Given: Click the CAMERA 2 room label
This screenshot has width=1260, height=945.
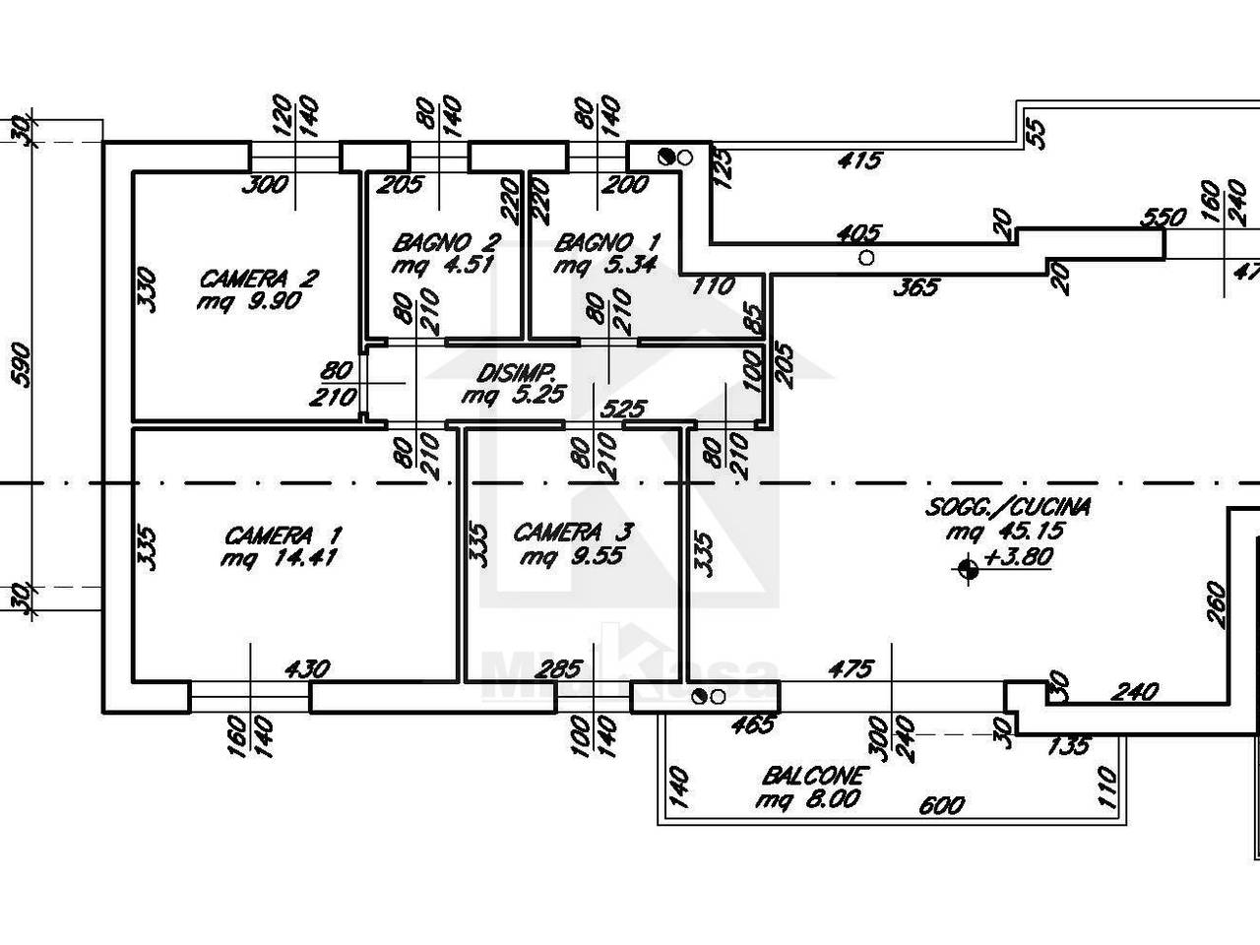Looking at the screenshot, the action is point(259,280).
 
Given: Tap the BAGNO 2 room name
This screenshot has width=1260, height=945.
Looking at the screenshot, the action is point(447,242).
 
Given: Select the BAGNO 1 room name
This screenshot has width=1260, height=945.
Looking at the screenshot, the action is point(607,242).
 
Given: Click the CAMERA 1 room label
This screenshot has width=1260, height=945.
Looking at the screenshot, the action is point(283,535).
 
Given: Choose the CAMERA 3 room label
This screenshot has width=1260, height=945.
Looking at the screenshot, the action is point(573,533).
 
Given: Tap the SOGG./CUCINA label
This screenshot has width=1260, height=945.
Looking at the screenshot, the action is point(1008,508).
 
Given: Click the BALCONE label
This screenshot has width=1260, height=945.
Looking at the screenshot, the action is point(812,777).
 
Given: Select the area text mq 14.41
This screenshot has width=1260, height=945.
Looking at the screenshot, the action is point(279,558).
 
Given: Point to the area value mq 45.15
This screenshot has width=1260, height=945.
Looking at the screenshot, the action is point(1005,532).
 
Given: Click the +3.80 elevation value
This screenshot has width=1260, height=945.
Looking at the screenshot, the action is point(1017,556).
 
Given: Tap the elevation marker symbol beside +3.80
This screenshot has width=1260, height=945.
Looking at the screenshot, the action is point(968,570).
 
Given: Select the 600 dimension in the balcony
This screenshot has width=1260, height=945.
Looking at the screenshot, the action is point(941,806).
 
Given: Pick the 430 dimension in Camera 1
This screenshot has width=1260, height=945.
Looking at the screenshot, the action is point(308,669).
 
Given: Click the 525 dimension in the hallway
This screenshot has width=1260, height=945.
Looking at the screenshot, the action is point(623,409).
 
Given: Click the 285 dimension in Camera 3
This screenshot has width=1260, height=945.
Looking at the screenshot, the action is point(561,669).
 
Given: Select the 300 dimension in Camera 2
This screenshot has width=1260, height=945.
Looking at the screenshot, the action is point(265,185).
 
